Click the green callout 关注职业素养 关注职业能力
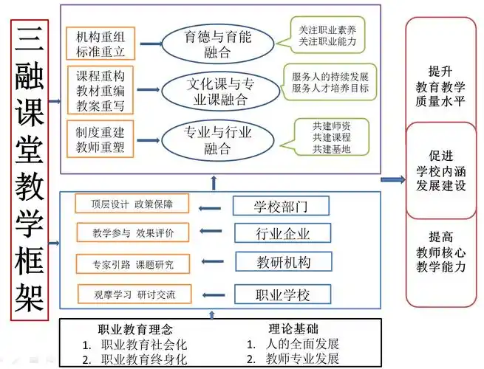coord(327,37)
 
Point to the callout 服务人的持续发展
coord(330,81)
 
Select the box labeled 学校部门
coord(270,205)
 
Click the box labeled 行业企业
coord(272,234)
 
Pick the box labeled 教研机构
coord(273,263)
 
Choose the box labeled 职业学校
coord(272,294)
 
